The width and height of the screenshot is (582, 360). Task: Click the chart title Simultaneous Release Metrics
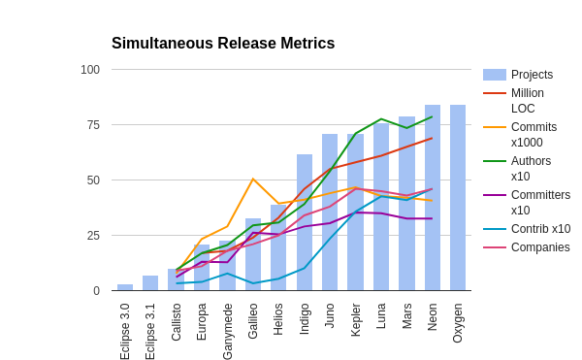tap(223, 44)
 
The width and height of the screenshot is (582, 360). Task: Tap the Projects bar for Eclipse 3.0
tap(125, 287)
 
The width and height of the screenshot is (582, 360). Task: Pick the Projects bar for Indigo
tap(305, 222)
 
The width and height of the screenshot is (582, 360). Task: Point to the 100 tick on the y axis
tap(90, 70)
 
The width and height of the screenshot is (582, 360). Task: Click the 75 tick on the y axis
tap(93, 125)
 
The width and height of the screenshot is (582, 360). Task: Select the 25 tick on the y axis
tap(93, 236)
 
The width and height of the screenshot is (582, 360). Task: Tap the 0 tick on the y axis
tap(96, 291)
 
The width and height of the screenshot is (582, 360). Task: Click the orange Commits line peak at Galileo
tap(253, 179)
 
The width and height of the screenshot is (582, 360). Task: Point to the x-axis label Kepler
tap(356, 319)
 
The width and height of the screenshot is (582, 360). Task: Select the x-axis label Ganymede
tap(228, 331)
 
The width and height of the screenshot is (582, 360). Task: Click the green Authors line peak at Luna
tap(381, 119)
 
